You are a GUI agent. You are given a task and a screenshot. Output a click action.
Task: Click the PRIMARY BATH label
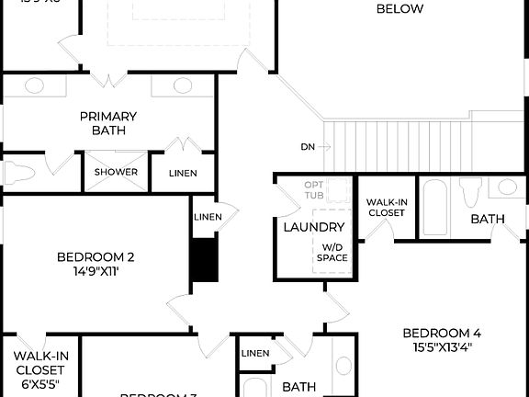click(x=108, y=123)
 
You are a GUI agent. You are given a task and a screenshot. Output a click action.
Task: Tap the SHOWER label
click(x=116, y=172)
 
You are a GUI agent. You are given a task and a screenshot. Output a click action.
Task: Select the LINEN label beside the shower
click(x=188, y=173)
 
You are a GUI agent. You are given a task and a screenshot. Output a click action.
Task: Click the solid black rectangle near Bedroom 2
click(x=205, y=260)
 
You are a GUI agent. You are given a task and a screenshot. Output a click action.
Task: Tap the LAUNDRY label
click(x=313, y=227)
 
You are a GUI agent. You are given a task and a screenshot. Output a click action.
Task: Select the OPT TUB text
click(x=315, y=189)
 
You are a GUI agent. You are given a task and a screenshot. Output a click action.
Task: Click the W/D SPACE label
click(x=332, y=253)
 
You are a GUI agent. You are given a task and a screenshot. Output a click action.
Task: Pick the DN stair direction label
click(x=309, y=147)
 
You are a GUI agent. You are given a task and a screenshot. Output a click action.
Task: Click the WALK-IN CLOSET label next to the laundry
click(x=386, y=208)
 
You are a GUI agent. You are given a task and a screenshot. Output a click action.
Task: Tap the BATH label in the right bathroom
click(x=487, y=220)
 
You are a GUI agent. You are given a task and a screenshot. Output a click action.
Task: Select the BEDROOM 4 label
click(x=442, y=333)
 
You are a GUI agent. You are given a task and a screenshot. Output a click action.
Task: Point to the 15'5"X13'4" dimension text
click(x=442, y=347)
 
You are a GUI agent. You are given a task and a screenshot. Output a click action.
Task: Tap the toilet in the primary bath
click(x=17, y=173)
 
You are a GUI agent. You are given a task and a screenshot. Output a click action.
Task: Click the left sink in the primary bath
click(x=34, y=85)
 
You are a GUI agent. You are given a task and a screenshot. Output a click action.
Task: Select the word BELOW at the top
click(x=400, y=9)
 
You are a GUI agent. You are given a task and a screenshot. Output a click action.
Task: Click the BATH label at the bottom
click(x=298, y=387)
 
